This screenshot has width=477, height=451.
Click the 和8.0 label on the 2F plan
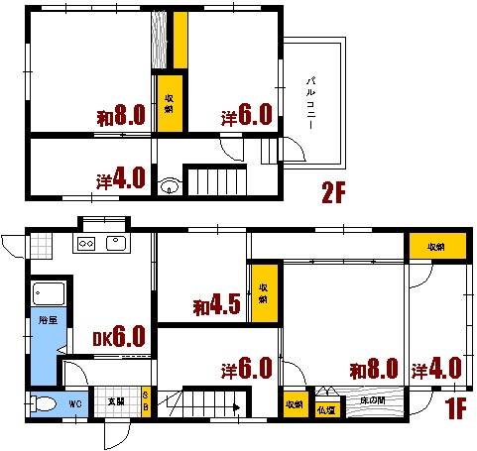pos(122,116)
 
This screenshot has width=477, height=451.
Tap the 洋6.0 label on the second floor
pos(247,116)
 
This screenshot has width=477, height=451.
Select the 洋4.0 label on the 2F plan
pos(122,179)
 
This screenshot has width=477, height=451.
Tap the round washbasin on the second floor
pos(170,183)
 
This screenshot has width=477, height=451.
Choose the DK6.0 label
pos(120,338)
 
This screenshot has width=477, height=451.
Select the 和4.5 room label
pos(218,306)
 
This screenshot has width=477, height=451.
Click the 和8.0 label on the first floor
pos(373,370)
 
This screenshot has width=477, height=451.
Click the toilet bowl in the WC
pos(43,404)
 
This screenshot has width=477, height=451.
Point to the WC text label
pos(74,404)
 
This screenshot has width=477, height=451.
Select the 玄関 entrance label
pos(115,403)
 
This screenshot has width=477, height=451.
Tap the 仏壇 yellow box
pos(325,407)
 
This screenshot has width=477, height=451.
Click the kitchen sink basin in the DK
pos(115,243)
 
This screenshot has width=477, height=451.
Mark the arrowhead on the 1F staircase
pos(235,406)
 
